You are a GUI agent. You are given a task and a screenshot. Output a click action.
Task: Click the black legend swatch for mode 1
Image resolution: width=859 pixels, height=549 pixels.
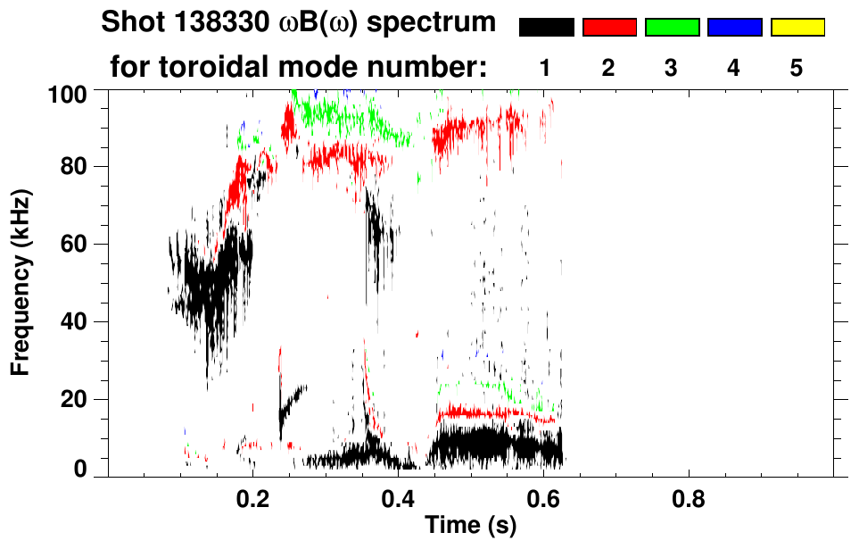click(547, 28)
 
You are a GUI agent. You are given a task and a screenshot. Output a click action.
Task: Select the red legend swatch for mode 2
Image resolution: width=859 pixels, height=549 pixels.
click(609, 28)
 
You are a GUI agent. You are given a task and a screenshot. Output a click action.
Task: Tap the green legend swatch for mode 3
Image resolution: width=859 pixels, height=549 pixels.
click(672, 28)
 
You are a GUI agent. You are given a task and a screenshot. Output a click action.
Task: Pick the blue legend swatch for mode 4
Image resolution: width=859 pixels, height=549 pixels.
click(734, 28)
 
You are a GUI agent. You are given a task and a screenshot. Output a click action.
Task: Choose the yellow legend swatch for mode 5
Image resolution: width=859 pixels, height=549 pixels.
click(797, 28)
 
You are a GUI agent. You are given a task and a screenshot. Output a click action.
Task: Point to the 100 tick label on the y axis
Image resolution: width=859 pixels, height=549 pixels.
click(69, 92)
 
